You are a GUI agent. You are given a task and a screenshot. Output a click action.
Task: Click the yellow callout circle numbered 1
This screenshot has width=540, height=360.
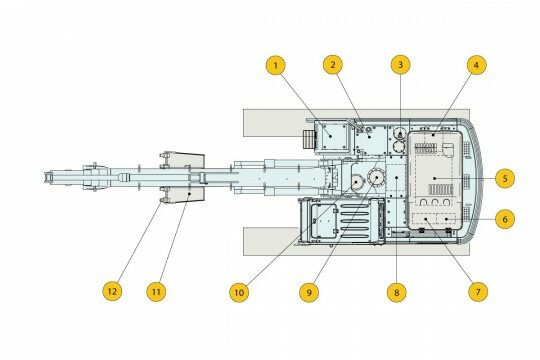click(276, 65)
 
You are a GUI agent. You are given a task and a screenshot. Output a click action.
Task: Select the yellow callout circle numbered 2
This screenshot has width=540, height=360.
click(333, 65)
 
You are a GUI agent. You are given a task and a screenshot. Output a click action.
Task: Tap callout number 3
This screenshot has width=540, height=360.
click(401, 65)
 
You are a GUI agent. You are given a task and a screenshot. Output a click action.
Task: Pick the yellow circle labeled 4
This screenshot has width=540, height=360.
click(477, 65)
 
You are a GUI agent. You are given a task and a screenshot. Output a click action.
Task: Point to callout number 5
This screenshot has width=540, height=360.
click(505, 178)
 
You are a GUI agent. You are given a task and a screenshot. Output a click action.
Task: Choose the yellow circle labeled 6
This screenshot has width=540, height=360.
click(505, 219)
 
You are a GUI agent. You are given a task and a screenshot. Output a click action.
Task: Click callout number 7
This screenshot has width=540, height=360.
click(478, 292)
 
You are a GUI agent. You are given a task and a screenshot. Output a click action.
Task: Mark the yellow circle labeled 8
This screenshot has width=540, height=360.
click(397, 292)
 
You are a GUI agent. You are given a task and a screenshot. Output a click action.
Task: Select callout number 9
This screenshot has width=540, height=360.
click(309, 292)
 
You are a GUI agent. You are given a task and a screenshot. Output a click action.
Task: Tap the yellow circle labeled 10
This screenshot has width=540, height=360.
click(239, 292)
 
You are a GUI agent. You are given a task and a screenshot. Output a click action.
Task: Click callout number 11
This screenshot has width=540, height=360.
click(156, 292)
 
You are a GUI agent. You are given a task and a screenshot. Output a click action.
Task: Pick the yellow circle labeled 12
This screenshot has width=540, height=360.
click(112, 291)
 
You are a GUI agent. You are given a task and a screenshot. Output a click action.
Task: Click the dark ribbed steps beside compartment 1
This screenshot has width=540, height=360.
click(309, 140)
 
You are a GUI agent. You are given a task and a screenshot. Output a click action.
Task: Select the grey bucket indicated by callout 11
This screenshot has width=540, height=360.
click(186, 177)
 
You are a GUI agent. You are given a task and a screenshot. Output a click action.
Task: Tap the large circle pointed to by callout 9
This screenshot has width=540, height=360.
click(376, 177)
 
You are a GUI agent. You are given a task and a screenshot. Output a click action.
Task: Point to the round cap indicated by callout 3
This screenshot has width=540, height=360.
click(400, 133)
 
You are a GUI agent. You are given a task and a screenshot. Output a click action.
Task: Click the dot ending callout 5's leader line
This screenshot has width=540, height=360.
click(435, 178)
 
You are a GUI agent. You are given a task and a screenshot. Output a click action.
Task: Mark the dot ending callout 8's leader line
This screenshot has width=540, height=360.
click(397, 178)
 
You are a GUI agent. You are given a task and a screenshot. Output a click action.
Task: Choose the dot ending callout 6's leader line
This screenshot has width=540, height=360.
click(446, 219)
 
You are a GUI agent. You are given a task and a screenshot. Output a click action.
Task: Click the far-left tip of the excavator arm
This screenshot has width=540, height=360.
click(45, 177)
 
